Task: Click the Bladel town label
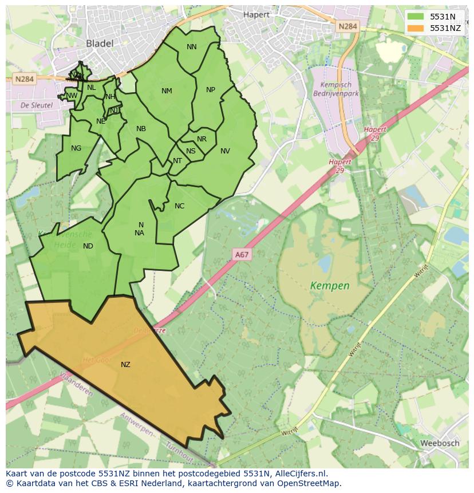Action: pyautogui.click(x=100, y=43)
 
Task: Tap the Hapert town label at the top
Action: pyautogui.click(x=256, y=14)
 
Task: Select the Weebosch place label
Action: pyautogui.click(x=440, y=443)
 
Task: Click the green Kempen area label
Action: pyautogui.click(x=330, y=285)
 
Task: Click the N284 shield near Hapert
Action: pyautogui.click(x=347, y=26)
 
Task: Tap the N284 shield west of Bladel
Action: pyautogui.click(x=24, y=80)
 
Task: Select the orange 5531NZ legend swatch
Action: pyautogui.click(x=416, y=27)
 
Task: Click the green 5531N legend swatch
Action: pyautogui.click(x=416, y=17)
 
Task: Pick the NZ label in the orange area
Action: pyautogui.click(x=125, y=365)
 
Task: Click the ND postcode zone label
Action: pyautogui.click(x=88, y=246)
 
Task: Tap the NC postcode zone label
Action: pyautogui.click(x=179, y=206)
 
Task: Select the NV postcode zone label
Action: pyautogui.click(x=225, y=151)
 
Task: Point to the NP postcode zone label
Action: pyautogui.click(x=211, y=90)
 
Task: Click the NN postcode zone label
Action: pyautogui.click(x=191, y=47)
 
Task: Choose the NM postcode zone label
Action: pyautogui.click(x=167, y=91)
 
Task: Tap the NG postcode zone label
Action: pyautogui.click(x=76, y=148)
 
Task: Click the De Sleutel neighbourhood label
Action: pyautogui.click(x=36, y=105)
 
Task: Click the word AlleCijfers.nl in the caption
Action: pyautogui.click(x=300, y=474)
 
